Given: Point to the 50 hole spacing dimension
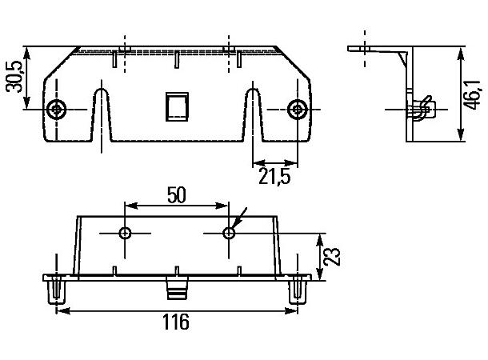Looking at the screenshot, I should point(176,194).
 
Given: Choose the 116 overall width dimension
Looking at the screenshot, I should point(176,322).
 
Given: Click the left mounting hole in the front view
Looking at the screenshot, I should point(55,109).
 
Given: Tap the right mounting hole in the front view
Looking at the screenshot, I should point(297,109).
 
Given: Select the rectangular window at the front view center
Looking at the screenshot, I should point(176,106).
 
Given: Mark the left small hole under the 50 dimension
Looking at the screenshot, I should point(125,233).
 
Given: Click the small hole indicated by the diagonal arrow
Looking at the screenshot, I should point(229,233).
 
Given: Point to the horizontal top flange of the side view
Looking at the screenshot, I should point(376,50).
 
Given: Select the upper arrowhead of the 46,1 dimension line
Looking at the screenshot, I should point(462,53).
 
